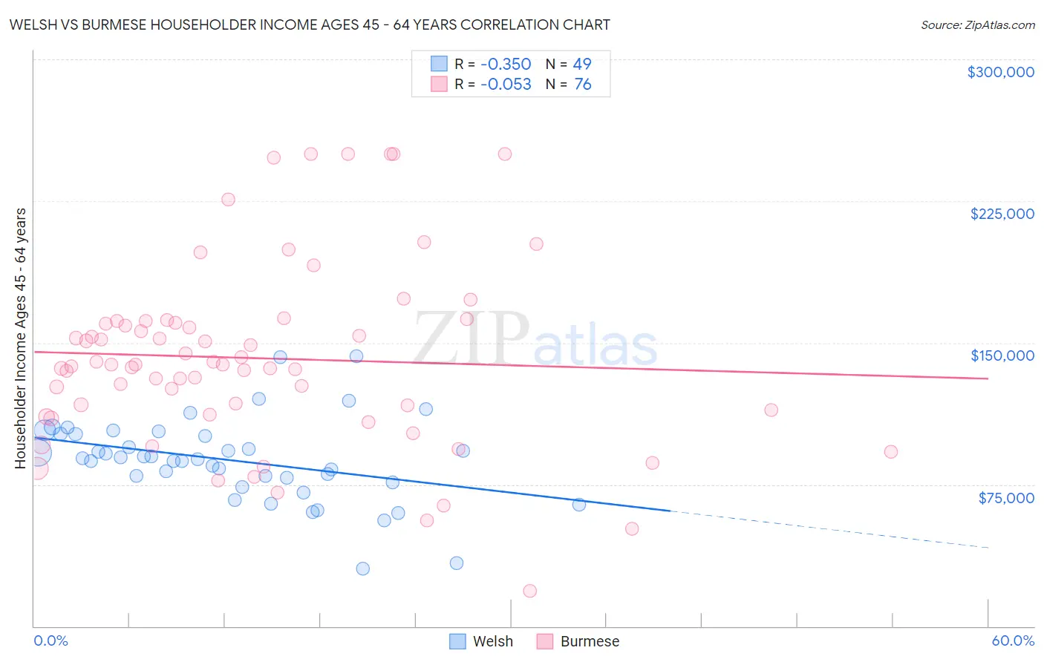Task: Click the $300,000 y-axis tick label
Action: pyautogui.click(x=1000, y=72)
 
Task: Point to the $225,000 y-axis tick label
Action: pyautogui.click(x=1002, y=214)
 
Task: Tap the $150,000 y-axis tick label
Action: pyautogui.click(x=1002, y=355)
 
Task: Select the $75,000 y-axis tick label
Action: pyautogui.click(x=1006, y=498)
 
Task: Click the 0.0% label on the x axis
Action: pyautogui.click(x=50, y=640)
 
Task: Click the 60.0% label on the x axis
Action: pyautogui.click(x=1012, y=640)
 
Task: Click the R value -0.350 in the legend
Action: pyautogui.click(x=506, y=64)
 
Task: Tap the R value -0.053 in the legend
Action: pyautogui.click(x=506, y=84)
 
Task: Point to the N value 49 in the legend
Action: pyautogui.click(x=582, y=64)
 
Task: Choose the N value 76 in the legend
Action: pyautogui.click(x=583, y=84)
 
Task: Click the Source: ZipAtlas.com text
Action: pyautogui.click(x=977, y=24)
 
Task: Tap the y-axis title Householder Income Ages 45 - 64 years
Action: pyautogui.click(x=20, y=338)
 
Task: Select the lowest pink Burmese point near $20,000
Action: pyautogui.click(x=529, y=591)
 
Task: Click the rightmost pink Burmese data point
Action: pyautogui.click(x=890, y=452)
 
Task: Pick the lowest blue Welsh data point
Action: pyautogui.click(x=362, y=568)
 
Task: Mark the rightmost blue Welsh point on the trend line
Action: pyautogui.click(x=578, y=505)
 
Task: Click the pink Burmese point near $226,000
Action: pyautogui.click(x=228, y=200)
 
